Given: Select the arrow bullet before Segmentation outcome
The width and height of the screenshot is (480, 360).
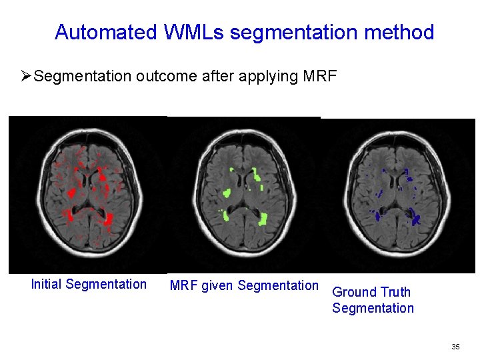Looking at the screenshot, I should click(26, 76).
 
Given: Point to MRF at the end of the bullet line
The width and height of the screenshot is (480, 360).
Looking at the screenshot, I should click(320, 76).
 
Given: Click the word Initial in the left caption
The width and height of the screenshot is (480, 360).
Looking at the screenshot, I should click(47, 285).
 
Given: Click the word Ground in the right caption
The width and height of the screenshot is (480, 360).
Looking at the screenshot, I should click(354, 292).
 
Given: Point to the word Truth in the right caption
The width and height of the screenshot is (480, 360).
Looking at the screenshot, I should click(395, 292).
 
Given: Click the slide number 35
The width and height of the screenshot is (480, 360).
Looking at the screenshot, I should click(455, 347).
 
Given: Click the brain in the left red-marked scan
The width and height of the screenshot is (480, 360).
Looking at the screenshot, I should click(87, 193).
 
